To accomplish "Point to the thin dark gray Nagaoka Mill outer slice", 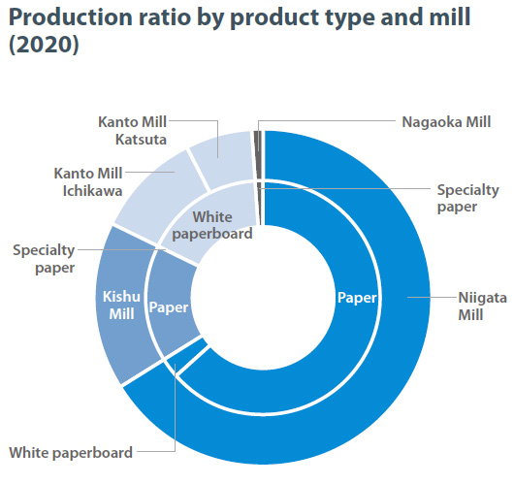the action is (x=258, y=154).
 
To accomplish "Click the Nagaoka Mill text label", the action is (x=446, y=122).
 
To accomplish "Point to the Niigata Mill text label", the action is (x=482, y=306).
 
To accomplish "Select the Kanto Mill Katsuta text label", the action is (x=133, y=131).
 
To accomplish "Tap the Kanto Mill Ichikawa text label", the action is (x=88, y=182).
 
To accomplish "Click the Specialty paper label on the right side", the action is (x=467, y=199).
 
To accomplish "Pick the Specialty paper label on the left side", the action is (x=44, y=259).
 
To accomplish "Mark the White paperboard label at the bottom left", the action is (x=71, y=453).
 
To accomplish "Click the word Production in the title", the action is (x=71, y=17).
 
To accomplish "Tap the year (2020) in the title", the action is (x=44, y=45).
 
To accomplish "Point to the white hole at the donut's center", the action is (x=263, y=298).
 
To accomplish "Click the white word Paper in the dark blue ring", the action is (x=357, y=298).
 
